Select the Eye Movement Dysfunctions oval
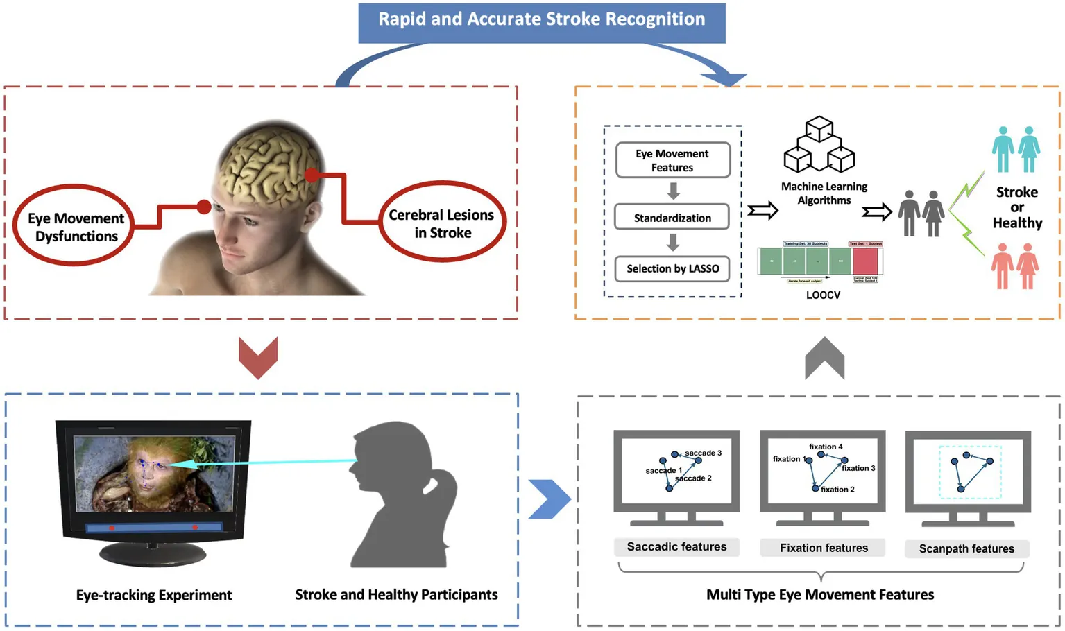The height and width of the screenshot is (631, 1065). pos(76,227)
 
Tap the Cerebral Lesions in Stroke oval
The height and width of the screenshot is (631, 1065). pos(442,223)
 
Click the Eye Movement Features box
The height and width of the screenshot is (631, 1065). pos(672,160)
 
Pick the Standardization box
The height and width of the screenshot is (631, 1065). pos(672,218)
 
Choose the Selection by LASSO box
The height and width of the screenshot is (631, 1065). pos(672,268)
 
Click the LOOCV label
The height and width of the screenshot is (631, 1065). pos(823,295)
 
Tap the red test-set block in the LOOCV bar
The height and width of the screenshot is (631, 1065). pos(865,261)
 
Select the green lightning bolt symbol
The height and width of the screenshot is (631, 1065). pos(966,211)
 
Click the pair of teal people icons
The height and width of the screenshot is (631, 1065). pos(1016,150)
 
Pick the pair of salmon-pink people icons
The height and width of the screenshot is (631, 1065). pos(1014,266)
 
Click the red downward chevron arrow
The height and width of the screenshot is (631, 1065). pos(258,356)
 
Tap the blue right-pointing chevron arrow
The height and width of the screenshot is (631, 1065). pos(549,499)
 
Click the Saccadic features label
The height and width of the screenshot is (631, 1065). pos(676,547)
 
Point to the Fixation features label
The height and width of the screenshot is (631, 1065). pos(824,548)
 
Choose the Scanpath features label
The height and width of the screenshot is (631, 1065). pos(966,548)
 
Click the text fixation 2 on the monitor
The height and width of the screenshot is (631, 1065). pos(837,490)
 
